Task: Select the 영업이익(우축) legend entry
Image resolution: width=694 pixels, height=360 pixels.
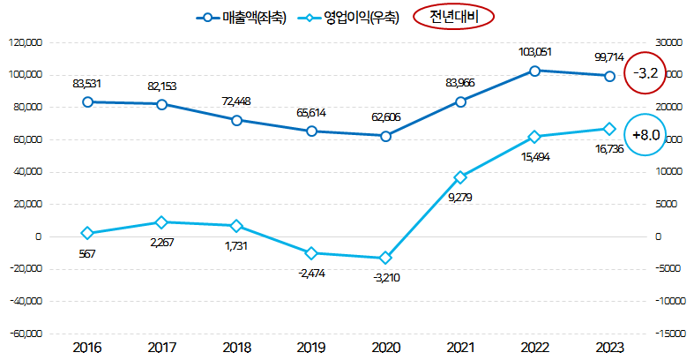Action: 350,19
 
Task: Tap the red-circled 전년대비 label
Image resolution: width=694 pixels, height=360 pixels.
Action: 452,18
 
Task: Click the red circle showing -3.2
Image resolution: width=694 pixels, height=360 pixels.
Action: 647,73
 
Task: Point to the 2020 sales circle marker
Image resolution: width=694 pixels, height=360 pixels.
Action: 385,136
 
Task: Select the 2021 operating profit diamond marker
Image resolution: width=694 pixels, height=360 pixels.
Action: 460,177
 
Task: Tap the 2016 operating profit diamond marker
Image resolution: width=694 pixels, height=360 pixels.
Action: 86,233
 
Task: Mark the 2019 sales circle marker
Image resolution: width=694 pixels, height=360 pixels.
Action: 310,131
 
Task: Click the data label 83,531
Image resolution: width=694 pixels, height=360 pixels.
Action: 87,84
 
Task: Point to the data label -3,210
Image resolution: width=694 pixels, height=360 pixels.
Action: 384,276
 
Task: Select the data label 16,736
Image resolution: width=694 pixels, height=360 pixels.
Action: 611,151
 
